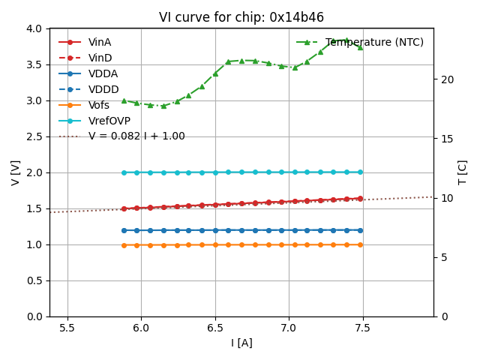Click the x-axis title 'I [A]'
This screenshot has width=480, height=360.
pos(241,343)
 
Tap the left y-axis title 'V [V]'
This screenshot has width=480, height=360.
pos(15,172)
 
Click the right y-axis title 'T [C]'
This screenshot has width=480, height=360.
pos(463,172)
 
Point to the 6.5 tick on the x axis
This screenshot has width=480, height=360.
pos(215,327)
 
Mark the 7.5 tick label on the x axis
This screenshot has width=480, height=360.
pos(363,327)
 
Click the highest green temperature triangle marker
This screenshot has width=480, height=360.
pos(346,40)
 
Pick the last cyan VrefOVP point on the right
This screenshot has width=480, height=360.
pos(360,172)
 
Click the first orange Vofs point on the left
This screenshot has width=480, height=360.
pos(124,245)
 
